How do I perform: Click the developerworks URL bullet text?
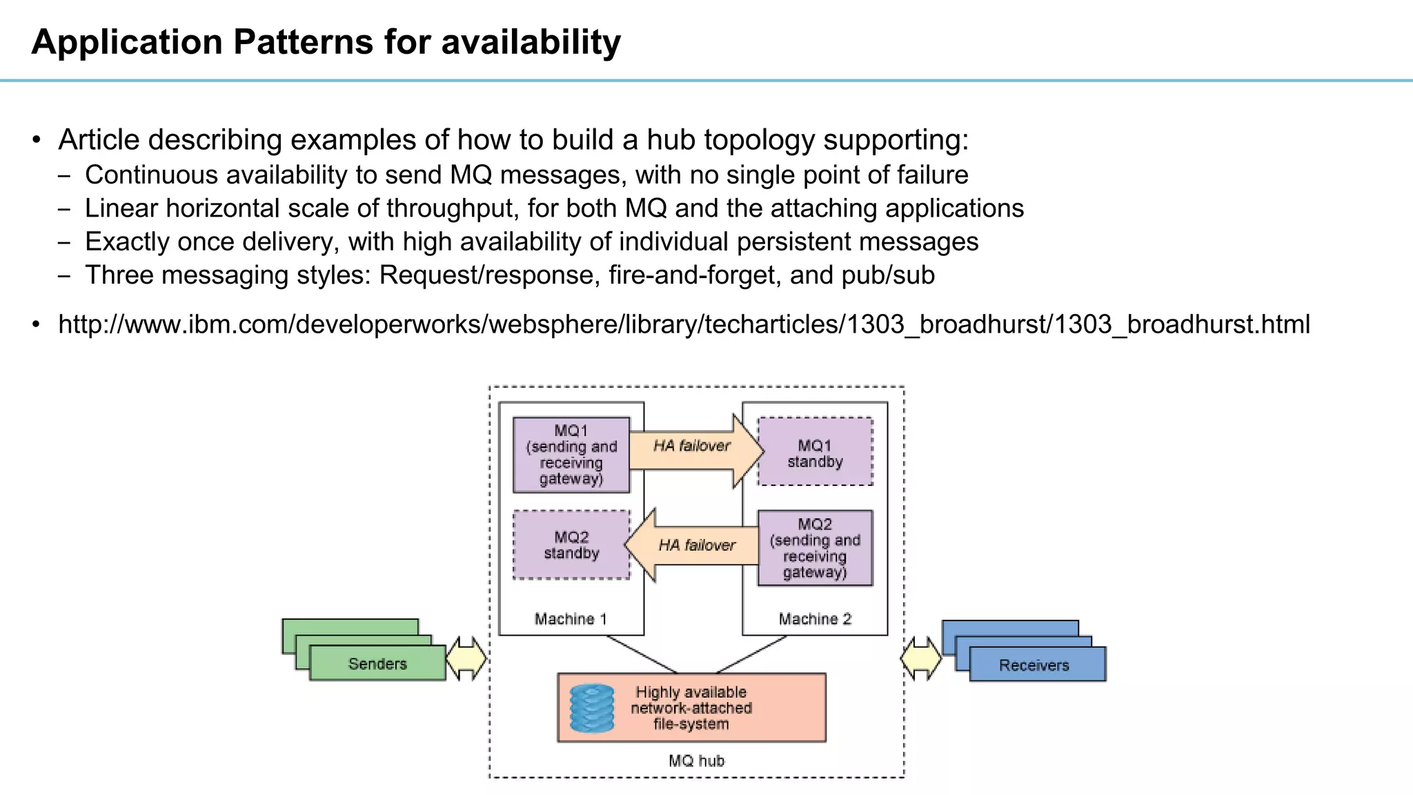[683, 324]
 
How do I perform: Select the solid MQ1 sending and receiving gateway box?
[571, 455]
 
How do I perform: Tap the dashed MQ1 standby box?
[815, 452]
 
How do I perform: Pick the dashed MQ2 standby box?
[571, 545]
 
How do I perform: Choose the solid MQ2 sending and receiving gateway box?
[815, 548]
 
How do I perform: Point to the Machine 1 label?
[571, 619]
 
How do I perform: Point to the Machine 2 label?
[815, 619]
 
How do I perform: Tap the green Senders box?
[377, 664]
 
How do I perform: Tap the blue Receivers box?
[1034, 665]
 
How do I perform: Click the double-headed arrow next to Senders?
[467, 659]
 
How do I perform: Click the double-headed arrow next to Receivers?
[921, 659]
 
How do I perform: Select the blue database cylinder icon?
[592, 708]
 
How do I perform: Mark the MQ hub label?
[696, 761]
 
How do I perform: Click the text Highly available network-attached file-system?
[691, 708]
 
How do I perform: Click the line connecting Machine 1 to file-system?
[642, 654]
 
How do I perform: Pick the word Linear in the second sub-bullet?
[121, 208]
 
